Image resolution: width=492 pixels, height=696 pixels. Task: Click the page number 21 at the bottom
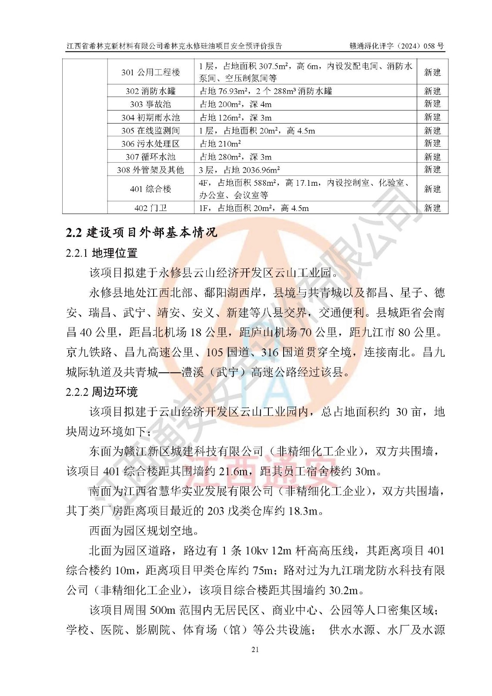(x=255, y=649)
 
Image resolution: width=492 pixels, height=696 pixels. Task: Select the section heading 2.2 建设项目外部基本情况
(x=141, y=232)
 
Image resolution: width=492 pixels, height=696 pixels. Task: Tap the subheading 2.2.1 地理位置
(x=102, y=253)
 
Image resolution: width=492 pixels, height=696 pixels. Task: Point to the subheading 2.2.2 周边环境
(x=102, y=391)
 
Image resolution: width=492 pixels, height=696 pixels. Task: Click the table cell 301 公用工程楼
(x=151, y=72)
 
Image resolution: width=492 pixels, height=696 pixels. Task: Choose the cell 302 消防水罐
(x=151, y=91)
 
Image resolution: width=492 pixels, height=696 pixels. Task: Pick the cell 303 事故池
(x=151, y=104)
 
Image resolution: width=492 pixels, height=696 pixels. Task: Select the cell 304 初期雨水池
(x=151, y=117)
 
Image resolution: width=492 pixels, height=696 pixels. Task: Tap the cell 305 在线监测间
(x=151, y=130)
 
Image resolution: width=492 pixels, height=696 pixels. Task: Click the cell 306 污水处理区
(x=151, y=144)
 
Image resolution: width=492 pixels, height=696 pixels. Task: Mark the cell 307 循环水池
(x=151, y=157)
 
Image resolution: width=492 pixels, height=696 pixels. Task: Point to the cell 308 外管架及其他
(x=151, y=170)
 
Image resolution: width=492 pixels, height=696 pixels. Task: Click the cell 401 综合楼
(x=151, y=189)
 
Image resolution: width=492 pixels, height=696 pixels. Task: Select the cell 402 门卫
(x=151, y=208)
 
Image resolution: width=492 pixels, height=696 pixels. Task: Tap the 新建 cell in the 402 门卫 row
(x=432, y=208)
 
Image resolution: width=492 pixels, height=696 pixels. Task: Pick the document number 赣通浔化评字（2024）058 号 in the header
(x=396, y=46)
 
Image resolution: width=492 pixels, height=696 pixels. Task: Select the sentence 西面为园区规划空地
(x=141, y=531)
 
